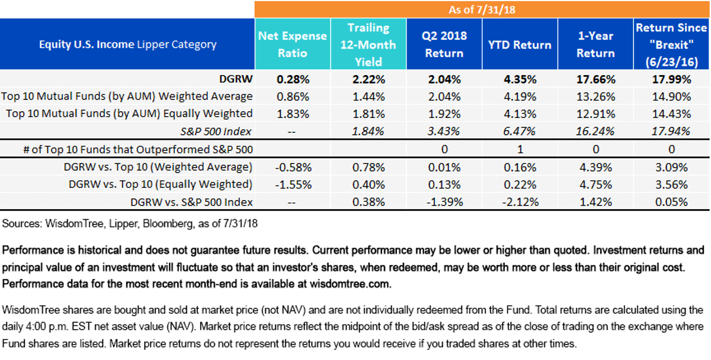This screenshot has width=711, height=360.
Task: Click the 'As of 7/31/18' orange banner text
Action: tap(482, 10)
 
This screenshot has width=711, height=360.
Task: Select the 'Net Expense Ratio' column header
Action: tap(292, 44)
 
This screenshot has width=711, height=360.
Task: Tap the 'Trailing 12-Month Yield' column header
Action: tap(368, 45)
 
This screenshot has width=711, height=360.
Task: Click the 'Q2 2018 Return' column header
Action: tap(444, 44)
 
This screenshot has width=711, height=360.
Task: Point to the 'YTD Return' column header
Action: tap(520, 45)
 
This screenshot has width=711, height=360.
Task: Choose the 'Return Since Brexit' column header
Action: tap(671, 45)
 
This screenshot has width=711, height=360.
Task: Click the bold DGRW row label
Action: tap(236, 79)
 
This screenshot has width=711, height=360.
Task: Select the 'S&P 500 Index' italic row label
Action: tap(216, 131)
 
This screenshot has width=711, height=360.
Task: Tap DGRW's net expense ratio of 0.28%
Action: tap(293, 79)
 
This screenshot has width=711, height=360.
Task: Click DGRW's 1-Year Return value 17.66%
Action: tap(596, 79)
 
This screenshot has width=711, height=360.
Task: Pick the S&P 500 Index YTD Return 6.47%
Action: tap(520, 131)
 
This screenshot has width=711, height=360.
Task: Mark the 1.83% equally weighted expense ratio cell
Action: tap(293, 114)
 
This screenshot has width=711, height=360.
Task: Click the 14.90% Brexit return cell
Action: tap(671, 97)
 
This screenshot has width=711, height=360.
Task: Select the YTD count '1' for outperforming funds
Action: tap(520, 149)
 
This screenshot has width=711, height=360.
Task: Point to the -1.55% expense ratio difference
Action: tap(293, 184)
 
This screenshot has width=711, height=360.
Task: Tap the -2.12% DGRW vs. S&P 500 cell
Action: tap(520, 202)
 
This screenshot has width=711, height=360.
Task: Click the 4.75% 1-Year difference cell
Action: tap(596, 184)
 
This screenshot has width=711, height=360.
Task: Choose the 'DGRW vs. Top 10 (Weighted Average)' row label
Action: tap(158, 167)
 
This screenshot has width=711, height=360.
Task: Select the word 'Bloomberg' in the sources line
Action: tap(168, 224)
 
